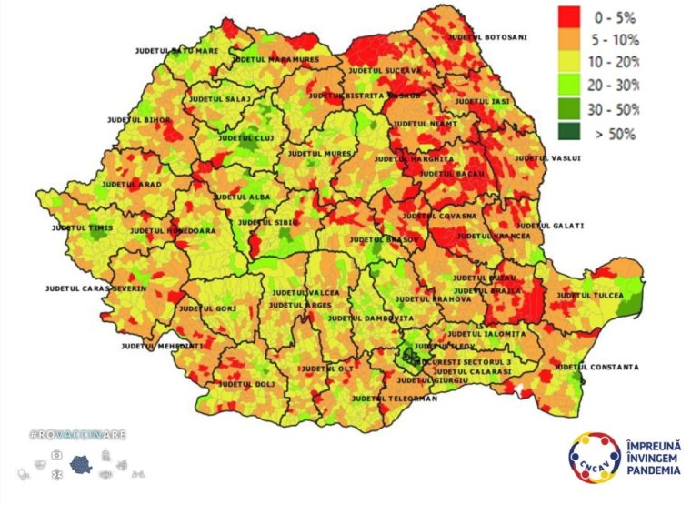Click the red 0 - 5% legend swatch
[570, 17]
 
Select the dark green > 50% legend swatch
[570, 133]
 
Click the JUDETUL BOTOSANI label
[486, 37]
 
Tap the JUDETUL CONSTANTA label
[596, 367]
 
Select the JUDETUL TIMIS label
[81, 227]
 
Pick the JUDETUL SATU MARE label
[175, 50]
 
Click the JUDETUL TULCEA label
[590, 296]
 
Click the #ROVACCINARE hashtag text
[78, 435]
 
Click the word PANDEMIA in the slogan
[653, 470]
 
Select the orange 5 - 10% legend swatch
[570, 40]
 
